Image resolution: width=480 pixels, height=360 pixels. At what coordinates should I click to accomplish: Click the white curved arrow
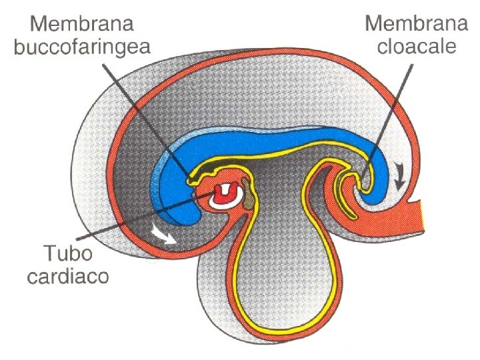(163, 235)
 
